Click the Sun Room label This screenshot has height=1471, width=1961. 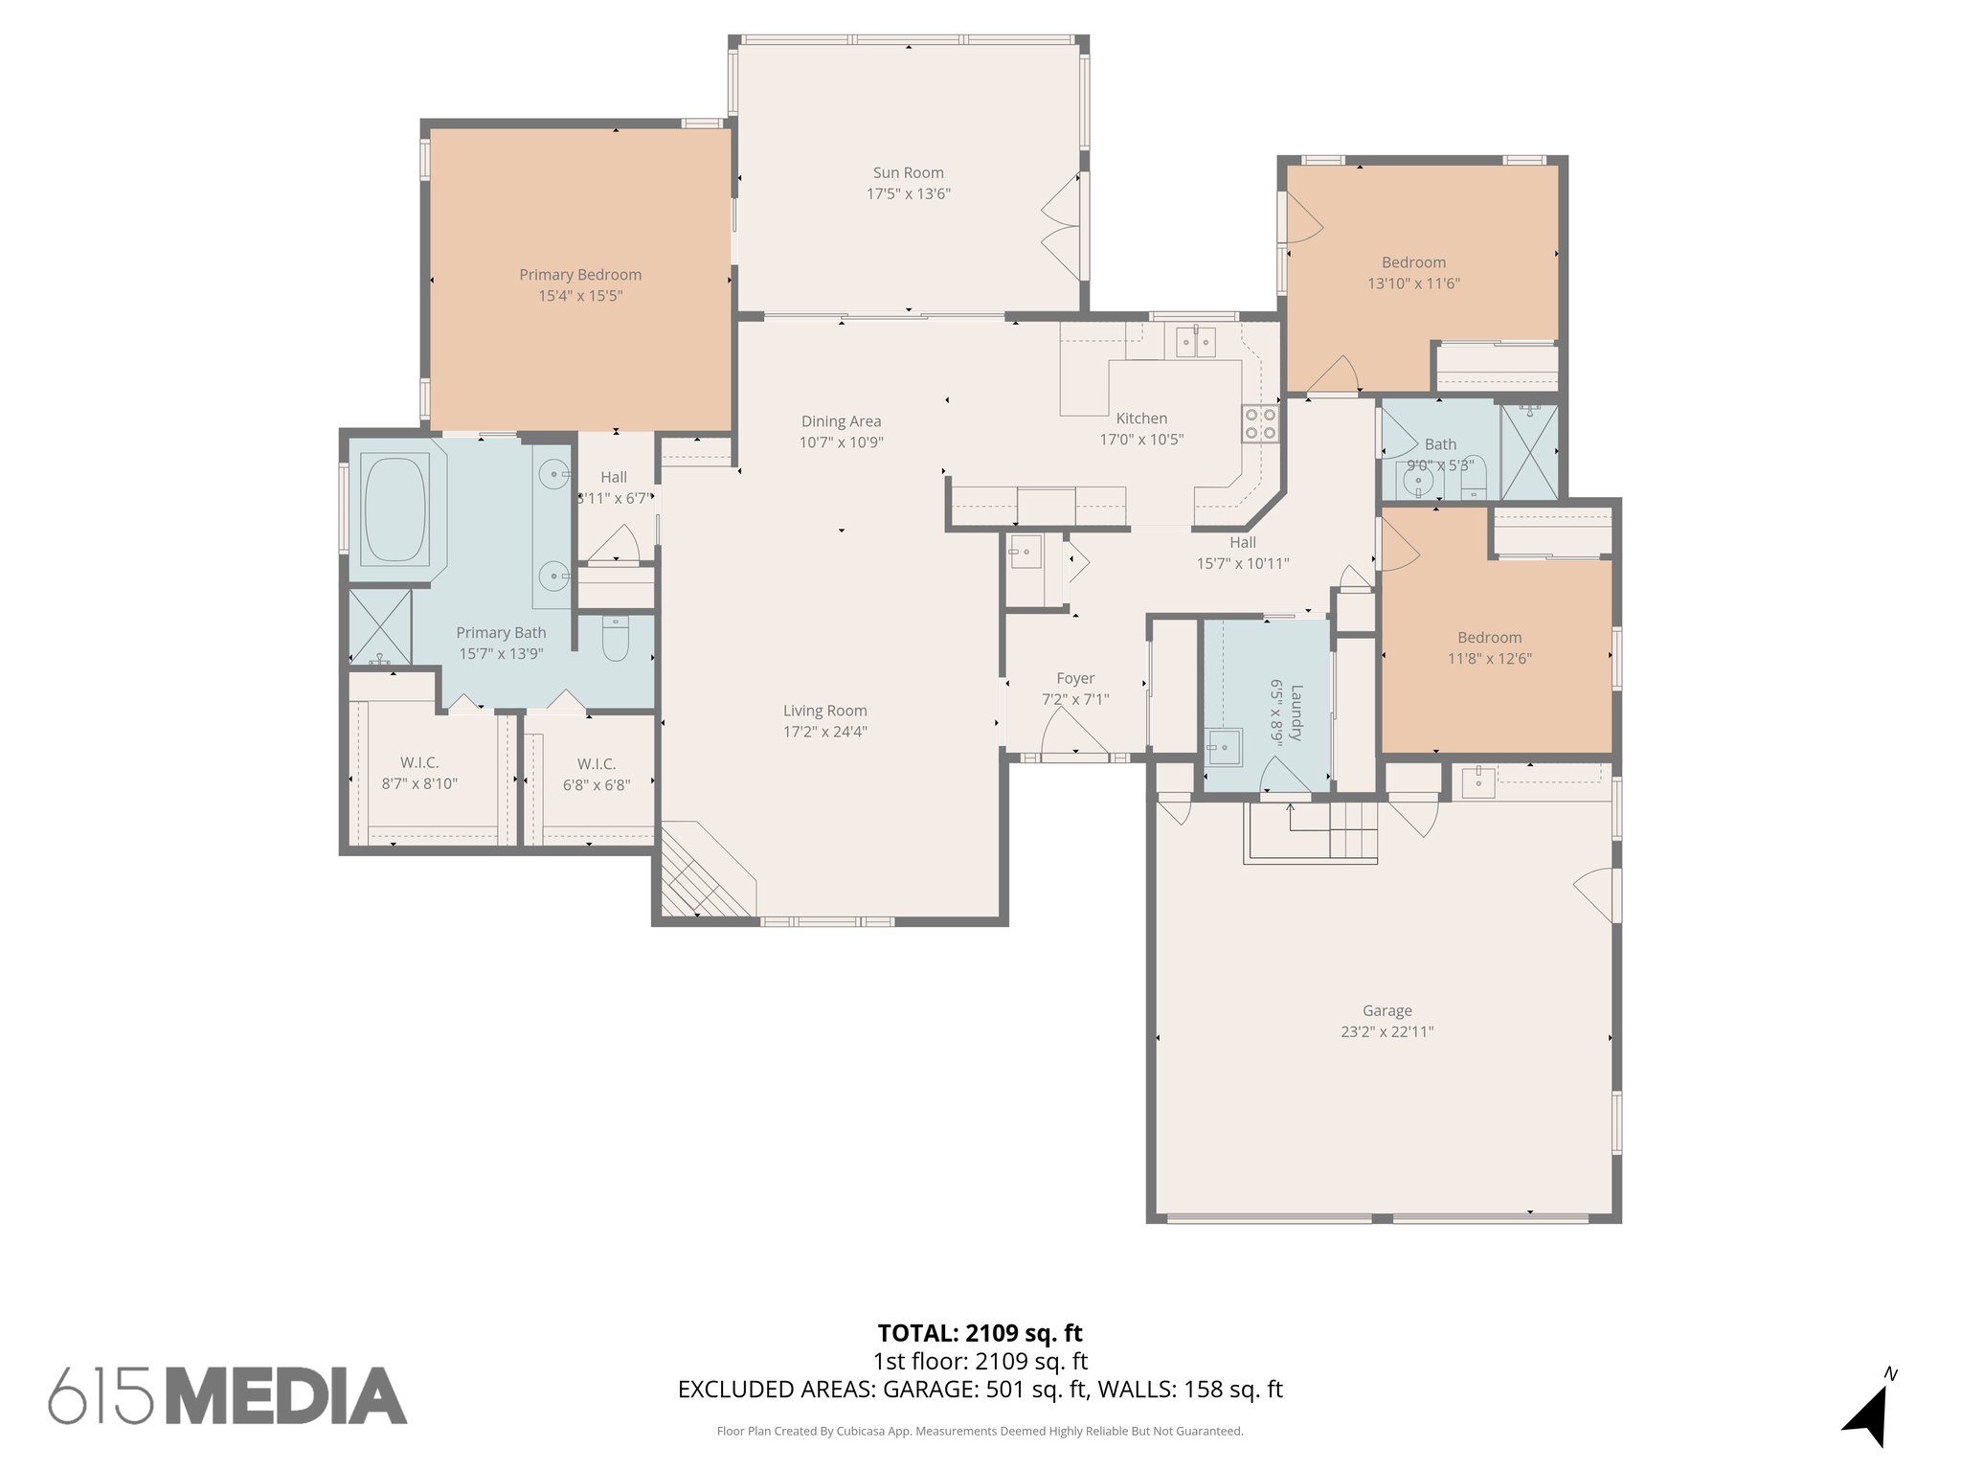[908, 173]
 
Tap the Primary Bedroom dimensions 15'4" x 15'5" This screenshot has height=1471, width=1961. [580, 296]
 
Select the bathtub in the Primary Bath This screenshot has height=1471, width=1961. [394, 510]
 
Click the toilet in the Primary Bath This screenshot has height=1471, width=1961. [616, 639]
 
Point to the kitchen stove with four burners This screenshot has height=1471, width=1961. [1260, 423]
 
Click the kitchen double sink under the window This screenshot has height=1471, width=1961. [1194, 342]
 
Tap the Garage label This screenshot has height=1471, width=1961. [1386, 1010]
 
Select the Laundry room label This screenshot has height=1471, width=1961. [1296, 713]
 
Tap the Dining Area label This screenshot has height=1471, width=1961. [841, 421]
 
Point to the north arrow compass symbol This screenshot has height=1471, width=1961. [1868, 1415]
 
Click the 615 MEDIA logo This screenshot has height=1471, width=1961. [228, 1395]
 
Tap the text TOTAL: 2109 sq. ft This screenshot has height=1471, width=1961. [980, 1332]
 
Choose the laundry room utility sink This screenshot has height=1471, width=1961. [1223, 747]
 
